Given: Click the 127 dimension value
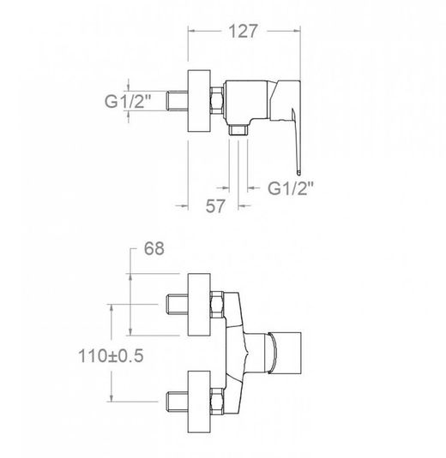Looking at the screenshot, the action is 243,32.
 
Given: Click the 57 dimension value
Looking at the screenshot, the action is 215,206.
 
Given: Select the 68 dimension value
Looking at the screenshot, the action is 154,248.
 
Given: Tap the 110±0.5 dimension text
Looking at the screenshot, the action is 111,356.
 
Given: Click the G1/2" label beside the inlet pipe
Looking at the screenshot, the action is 128,101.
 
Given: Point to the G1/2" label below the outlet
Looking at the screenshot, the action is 291,188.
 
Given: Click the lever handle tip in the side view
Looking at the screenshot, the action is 298,172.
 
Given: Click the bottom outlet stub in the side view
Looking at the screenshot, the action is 238,130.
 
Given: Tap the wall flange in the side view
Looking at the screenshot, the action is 199,101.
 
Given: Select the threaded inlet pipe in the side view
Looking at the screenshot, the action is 177,101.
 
